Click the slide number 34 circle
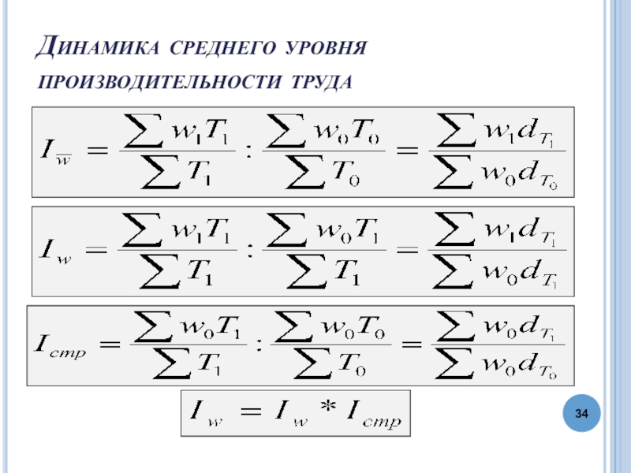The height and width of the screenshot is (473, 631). click(x=582, y=413)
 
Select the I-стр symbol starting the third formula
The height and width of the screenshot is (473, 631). click(x=57, y=345)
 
